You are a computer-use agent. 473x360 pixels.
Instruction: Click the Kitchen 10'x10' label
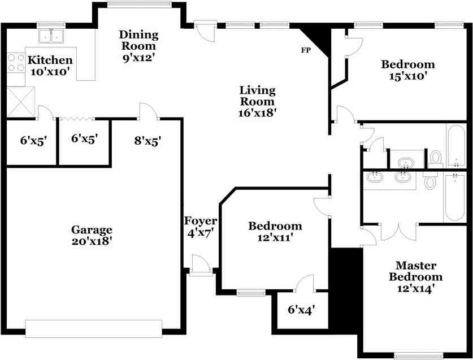coord(50,66)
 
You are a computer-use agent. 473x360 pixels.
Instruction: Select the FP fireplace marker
coord(306,50)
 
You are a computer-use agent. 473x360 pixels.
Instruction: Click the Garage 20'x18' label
coord(92,235)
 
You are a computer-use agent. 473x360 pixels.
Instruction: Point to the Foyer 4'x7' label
coord(201,227)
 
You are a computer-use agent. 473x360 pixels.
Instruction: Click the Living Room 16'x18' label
coord(257,101)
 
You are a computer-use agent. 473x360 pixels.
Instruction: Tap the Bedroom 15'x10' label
coord(408,70)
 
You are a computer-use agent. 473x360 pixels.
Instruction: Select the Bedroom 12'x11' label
coord(275,232)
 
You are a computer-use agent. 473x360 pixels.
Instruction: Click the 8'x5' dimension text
coord(148,141)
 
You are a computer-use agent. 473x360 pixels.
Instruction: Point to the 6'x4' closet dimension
coord(302,310)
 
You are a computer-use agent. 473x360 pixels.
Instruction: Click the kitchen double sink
coord(51,36)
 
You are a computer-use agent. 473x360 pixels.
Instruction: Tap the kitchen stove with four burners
coord(16,63)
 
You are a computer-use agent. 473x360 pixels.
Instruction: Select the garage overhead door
coord(94,328)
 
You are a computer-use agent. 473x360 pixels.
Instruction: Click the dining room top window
coord(140,4)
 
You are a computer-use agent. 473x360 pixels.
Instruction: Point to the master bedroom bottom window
coord(418,357)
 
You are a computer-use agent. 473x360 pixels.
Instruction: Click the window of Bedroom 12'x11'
coord(251,293)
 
